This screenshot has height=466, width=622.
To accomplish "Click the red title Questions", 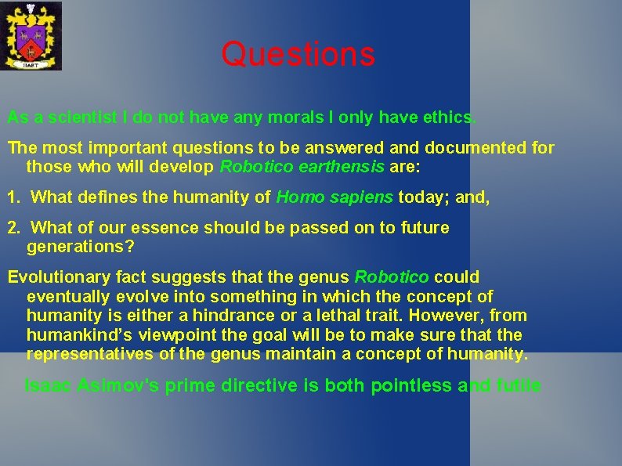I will click(x=298, y=55).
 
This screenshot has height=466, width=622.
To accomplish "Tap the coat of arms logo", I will click(x=31, y=35).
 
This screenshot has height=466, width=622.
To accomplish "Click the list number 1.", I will click(x=13, y=197).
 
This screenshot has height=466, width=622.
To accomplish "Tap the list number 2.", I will click(x=13, y=228).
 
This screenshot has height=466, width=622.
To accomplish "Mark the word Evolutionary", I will click(x=52, y=277).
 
